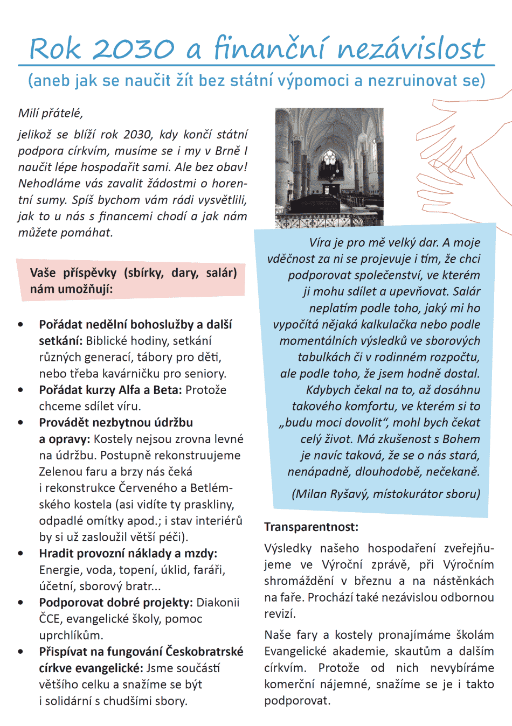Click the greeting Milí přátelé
point(50,113)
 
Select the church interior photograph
point(329,167)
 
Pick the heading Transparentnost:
point(311,527)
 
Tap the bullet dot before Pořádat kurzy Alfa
point(21,390)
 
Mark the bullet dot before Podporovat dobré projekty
point(21,603)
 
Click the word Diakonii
point(218,603)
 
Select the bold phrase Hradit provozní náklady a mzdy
point(128,554)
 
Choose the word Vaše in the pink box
point(43,273)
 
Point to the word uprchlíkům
point(71,636)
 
